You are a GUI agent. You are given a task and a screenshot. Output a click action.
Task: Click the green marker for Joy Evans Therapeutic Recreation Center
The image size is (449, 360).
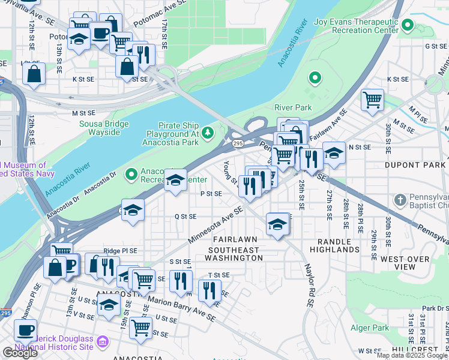(408, 25)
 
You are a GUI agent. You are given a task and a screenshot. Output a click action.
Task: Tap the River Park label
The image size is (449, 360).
(293, 107)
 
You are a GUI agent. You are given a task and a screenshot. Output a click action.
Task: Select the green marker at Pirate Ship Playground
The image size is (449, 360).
(208, 131)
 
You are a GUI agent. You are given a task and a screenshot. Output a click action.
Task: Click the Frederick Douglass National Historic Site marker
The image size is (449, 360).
(102, 342)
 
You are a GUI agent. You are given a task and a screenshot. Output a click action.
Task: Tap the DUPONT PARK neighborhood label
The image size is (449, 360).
(415, 165)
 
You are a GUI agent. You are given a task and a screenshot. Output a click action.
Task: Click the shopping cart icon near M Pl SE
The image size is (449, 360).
(373, 99)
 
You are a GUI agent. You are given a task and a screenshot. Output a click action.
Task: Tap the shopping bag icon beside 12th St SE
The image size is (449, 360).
(34, 74)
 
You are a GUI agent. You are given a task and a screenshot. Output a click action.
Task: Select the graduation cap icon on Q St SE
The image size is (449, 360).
(133, 210)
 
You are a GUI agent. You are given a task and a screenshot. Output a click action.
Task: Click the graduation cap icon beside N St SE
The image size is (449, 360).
(334, 153)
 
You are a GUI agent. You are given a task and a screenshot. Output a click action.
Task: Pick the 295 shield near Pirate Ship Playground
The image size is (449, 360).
(237, 144)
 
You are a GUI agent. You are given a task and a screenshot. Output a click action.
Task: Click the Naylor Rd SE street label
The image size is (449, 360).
(309, 286)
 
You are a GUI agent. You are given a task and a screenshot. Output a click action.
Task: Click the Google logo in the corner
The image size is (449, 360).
(20, 353)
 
